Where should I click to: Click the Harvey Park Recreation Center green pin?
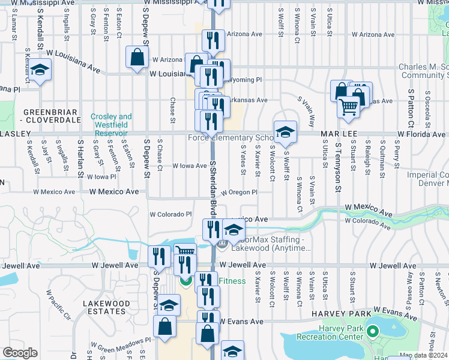click(x=372, y=331)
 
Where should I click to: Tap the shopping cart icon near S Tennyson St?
click(x=348, y=107)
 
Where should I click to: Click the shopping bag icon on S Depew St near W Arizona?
click(x=137, y=57)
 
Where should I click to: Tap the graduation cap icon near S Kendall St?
click(x=40, y=71)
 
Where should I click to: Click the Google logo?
click(x=20, y=353)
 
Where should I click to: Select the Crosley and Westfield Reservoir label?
click(x=111, y=121)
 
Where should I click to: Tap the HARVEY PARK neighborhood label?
click(x=336, y=314)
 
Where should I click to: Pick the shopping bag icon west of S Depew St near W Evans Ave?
click(x=164, y=326)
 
